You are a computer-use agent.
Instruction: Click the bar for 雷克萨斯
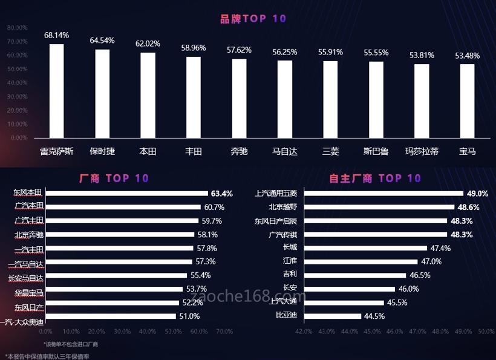click(56, 91)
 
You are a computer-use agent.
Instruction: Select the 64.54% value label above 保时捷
click(102, 41)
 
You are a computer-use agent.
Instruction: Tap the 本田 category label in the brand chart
click(148, 151)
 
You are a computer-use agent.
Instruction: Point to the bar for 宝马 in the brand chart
click(467, 100)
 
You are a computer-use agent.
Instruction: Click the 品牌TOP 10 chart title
click(253, 19)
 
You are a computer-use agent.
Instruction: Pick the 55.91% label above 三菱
click(330, 52)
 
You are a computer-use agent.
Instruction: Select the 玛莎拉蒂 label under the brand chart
click(422, 151)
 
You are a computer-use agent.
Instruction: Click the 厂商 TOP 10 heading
click(114, 178)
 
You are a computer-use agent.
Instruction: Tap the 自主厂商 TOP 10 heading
click(375, 178)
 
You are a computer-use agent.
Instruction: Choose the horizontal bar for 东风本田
click(126, 194)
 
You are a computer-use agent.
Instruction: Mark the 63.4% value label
click(221, 194)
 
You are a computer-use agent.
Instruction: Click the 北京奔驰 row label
click(28, 234)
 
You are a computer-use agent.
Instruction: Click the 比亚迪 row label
click(286, 315)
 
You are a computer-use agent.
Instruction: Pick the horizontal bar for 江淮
click(361, 261)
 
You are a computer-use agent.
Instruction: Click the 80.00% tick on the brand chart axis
click(18, 28)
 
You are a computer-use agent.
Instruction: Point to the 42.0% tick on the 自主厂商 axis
click(304, 332)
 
